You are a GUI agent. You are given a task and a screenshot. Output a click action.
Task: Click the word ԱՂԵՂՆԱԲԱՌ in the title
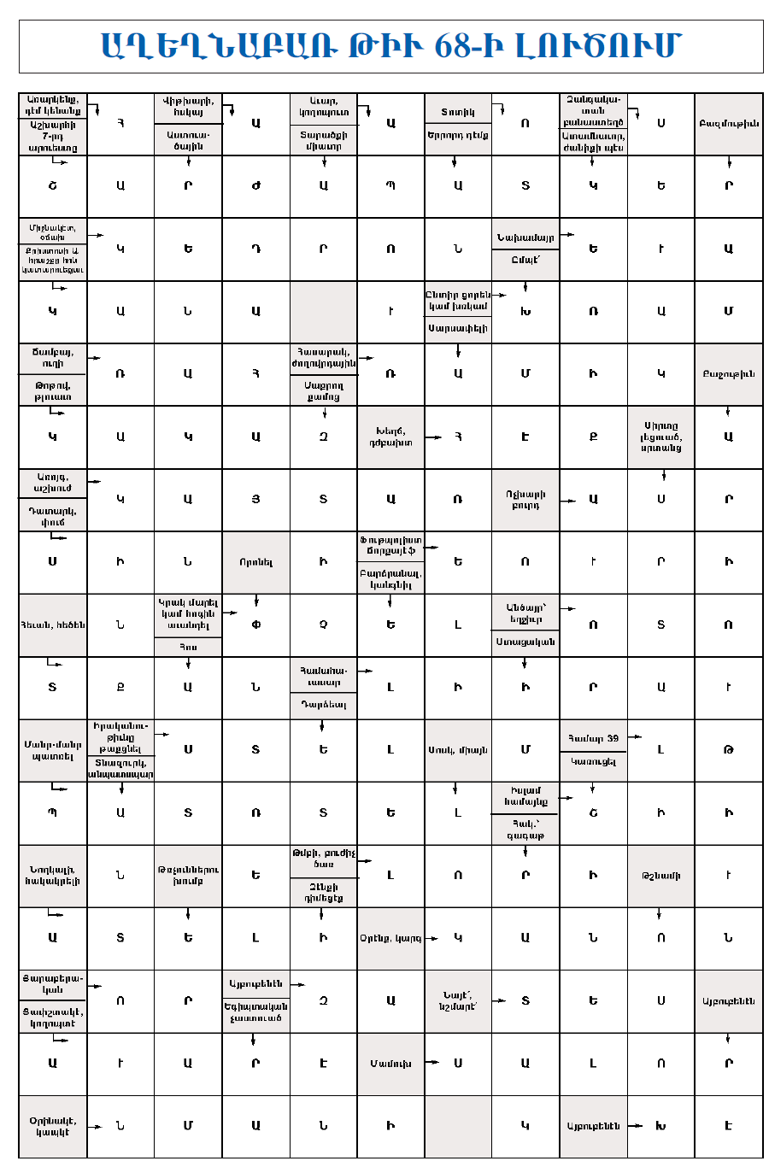click(219, 46)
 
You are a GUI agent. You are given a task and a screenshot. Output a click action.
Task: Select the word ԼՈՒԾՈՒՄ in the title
click(597, 46)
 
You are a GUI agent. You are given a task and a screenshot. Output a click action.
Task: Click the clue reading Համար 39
click(593, 738)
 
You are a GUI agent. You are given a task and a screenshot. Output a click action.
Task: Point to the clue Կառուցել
click(593, 762)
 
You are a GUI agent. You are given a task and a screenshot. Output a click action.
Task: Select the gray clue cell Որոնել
click(255, 562)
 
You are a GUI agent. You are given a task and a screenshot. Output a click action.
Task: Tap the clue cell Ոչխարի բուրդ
click(525, 500)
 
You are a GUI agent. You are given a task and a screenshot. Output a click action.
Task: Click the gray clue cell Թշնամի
click(660, 876)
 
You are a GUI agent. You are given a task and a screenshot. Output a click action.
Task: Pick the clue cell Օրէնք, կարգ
click(390, 938)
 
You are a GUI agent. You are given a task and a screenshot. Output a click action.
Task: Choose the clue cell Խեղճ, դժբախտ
click(390, 437)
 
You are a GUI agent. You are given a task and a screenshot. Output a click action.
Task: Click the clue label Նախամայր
click(525, 237)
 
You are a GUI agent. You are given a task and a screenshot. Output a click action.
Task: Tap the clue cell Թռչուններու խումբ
click(188, 876)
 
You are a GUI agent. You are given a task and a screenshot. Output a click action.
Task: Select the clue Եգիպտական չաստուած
click(255, 1012)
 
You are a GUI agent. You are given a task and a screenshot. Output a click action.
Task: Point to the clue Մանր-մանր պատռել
click(52, 750)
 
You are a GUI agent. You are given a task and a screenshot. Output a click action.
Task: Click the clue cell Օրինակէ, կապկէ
click(52, 1126)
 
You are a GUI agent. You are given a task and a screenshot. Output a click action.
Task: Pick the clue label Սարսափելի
click(458, 328)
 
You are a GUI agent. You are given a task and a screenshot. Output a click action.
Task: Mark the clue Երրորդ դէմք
click(458, 135)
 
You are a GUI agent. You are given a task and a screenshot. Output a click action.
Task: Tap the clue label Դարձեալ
click(323, 705)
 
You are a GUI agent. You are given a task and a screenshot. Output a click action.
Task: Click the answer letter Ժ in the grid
click(255, 186)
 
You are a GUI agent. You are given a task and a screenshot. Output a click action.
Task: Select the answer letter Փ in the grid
click(255, 625)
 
